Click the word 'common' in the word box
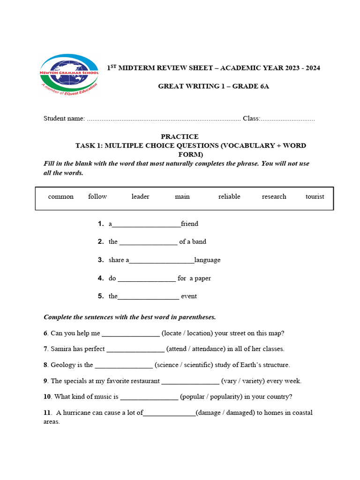coord(60,196)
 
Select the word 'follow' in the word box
coord(97,196)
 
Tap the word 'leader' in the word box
coord(140,196)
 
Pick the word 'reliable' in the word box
coord(229,196)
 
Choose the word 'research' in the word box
coord(274,196)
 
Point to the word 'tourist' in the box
coord(315,196)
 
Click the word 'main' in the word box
coord(182,196)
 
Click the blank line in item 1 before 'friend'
coord(146,225)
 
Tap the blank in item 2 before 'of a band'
coord(148,243)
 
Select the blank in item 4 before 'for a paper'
coord(147,279)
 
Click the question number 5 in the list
coord(101,296)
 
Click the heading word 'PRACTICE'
coord(180,136)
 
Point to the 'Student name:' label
coord(64,119)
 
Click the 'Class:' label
coord(251,119)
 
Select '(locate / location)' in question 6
coord(185,333)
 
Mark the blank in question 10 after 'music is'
coord(149,398)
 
